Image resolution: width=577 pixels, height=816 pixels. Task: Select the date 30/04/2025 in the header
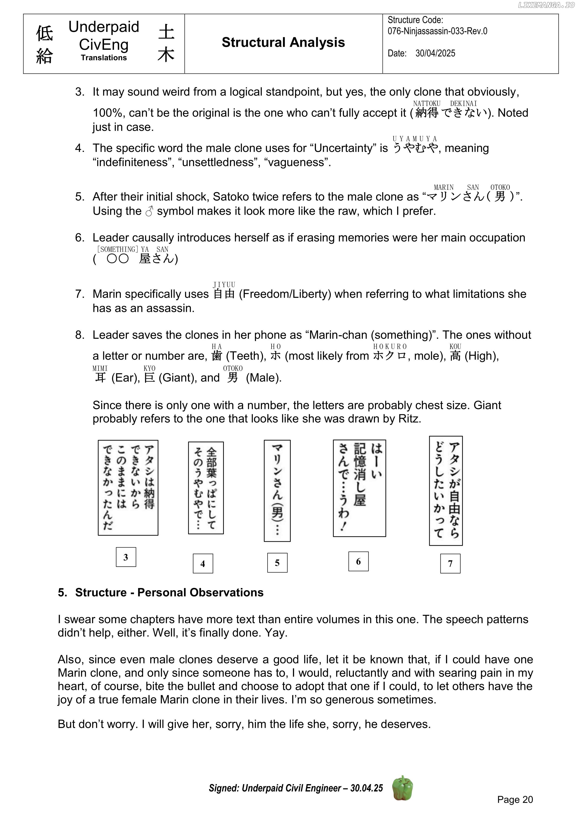pyautogui.click(x=435, y=53)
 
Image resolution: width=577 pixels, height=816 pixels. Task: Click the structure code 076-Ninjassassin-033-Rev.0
pyautogui.click(x=437, y=31)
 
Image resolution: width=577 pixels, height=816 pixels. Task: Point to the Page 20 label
pyautogui.click(x=515, y=800)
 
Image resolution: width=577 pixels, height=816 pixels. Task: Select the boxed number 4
pyautogui.click(x=203, y=563)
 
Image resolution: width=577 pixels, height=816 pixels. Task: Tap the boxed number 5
pyautogui.click(x=277, y=563)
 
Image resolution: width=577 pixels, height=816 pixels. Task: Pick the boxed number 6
pyautogui.click(x=358, y=561)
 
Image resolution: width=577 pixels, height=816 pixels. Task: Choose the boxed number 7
pyautogui.click(x=450, y=563)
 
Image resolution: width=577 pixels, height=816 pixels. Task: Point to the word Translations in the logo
pyautogui.click(x=104, y=58)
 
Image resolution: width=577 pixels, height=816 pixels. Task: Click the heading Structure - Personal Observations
pyautogui.click(x=169, y=592)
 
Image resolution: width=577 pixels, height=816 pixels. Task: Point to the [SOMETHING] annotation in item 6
pyautogui.click(x=117, y=250)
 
